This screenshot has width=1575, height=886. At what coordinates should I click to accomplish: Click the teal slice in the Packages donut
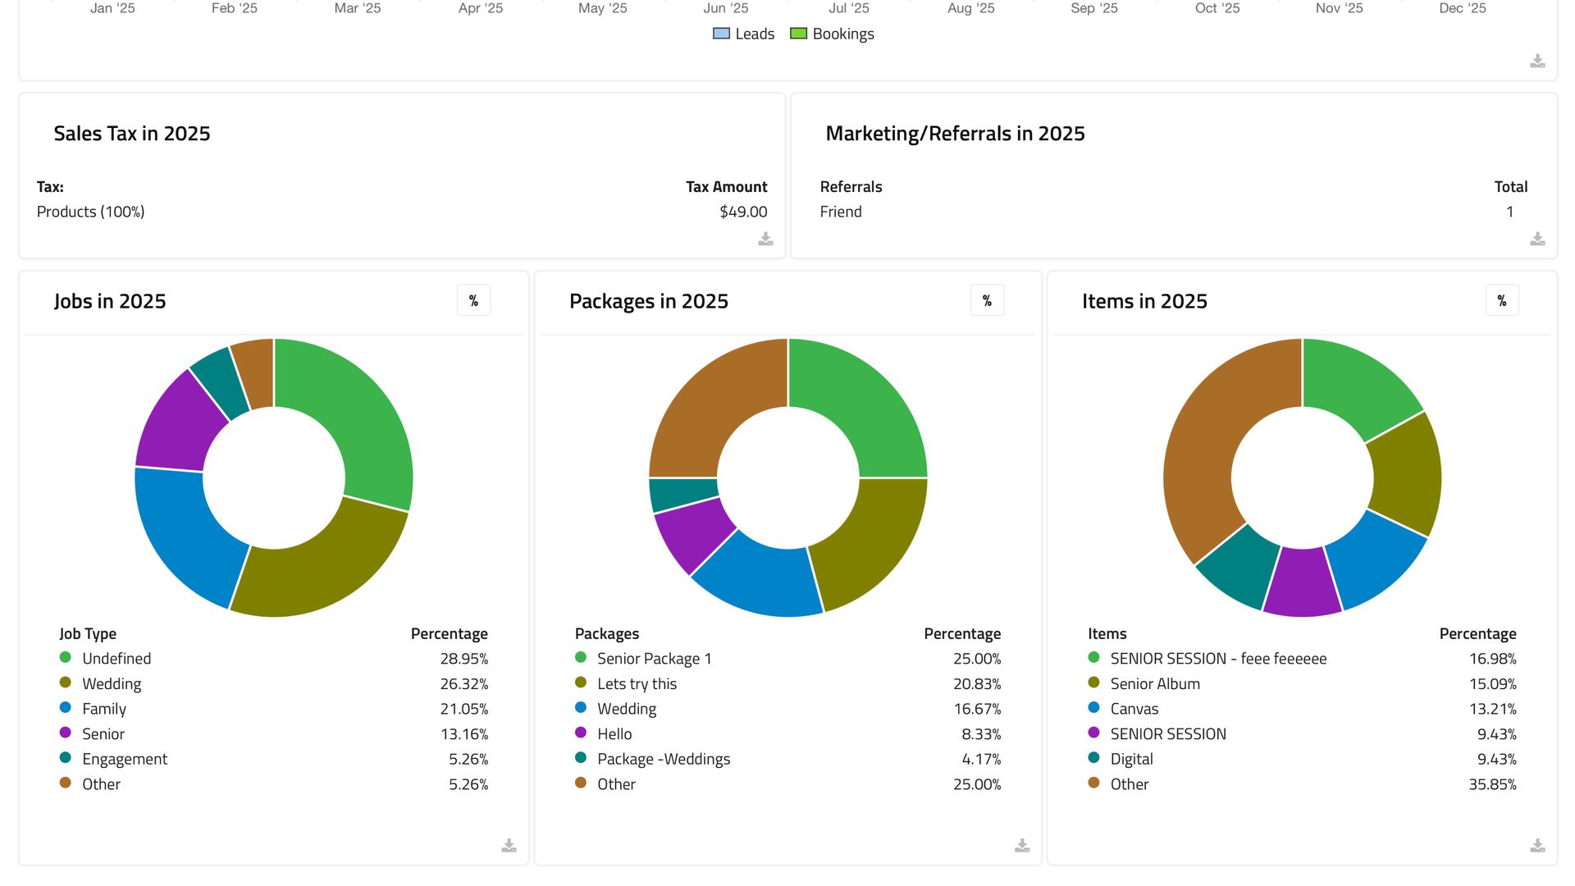click(683, 495)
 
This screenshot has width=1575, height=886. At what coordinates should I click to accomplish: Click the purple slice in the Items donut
click(1302, 582)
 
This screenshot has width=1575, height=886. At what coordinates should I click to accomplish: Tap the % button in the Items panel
click(1501, 301)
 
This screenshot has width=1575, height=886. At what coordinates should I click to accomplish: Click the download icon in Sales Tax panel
click(765, 239)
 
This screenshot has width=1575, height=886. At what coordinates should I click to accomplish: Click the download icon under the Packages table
click(1021, 845)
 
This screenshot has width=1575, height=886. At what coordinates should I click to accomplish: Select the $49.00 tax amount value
click(742, 212)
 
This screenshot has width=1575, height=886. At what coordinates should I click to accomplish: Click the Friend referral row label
click(841, 212)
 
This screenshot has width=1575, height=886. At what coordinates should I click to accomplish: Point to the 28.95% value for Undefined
click(463, 659)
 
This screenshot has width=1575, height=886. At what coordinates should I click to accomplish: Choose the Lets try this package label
click(637, 684)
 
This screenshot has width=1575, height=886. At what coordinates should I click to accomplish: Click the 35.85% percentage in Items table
click(1491, 784)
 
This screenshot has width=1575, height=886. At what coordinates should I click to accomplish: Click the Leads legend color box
click(721, 34)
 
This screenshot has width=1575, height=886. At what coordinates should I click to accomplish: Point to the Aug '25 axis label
click(970, 8)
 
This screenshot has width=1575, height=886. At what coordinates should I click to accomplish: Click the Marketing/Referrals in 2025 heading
click(955, 134)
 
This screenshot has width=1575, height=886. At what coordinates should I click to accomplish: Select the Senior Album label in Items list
click(1154, 684)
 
